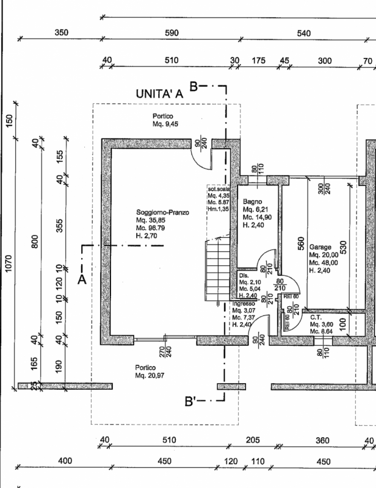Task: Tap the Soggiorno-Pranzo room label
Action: pos(163,212)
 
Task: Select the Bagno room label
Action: pos(252,201)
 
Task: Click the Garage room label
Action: pos(320,247)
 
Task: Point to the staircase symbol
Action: pos(217,268)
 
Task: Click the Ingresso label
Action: pos(244,303)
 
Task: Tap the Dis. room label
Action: pos(244,275)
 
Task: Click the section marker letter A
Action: pos(81,279)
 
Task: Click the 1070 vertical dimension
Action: pos(9,276)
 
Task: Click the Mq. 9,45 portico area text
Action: pos(164,124)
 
